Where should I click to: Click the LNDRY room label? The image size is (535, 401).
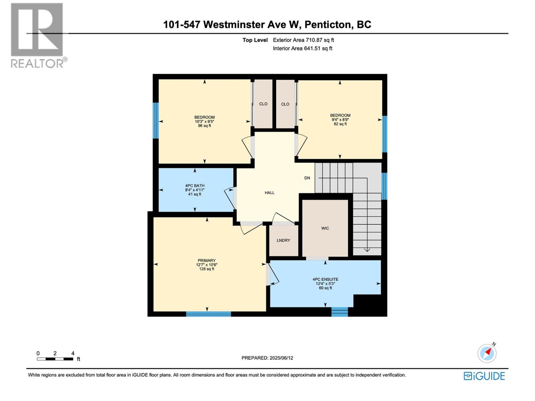pyautogui.click(x=283, y=240)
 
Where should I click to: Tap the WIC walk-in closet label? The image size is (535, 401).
pyautogui.click(x=325, y=228)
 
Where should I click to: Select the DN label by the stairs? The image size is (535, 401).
pyautogui.click(x=307, y=178)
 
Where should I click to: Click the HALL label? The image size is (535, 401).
pyautogui.click(x=270, y=192)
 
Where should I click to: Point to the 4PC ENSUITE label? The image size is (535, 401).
pyautogui.click(x=325, y=279)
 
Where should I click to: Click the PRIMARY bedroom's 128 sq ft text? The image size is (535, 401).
pyautogui.click(x=207, y=269)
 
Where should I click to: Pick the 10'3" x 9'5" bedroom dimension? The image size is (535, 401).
pyautogui.click(x=204, y=121)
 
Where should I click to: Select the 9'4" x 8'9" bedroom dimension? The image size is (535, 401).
pyautogui.click(x=340, y=120)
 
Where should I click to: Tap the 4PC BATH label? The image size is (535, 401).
pyautogui.click(x=195, y=185)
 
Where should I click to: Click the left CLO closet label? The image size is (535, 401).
pyautogui.click(x=263, y=104)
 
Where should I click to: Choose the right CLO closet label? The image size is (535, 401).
pyautogui.click(x=285, y=104)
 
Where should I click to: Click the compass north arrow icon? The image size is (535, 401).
pyautogui.click(x=487, y=353)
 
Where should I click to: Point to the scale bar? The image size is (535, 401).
pyautogui.click(x=55, y=359)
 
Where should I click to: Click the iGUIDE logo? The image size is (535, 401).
pyautogui.click(x=484, y=376)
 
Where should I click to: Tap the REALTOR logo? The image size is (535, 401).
pyautogui.click(x=37, y=35)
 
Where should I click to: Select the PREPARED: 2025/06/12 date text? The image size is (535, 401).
pyautogui.click(x=267, y=358)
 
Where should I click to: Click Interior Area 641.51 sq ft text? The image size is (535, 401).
pyautogui.click(x=302, y=48)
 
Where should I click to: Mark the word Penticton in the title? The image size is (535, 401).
pyautogui.click(x=328, y=24)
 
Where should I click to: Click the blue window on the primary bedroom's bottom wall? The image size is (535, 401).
pyautogui.click(x=208, y=314)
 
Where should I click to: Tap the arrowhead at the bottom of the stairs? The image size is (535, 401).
pyautogui.click(x=367, y=250)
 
